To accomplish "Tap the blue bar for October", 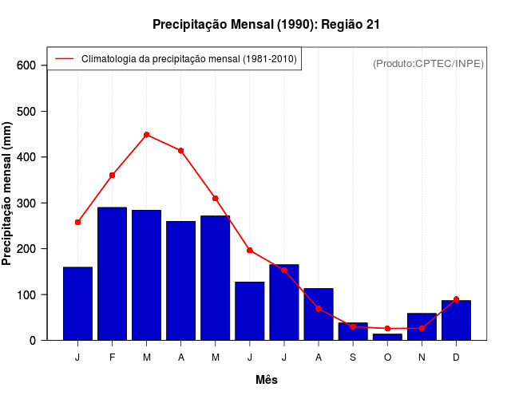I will pos(387,337).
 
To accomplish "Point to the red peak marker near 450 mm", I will pos(147,135).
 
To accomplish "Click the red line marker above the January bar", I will pos(77,222).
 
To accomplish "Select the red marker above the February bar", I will pos(113,175).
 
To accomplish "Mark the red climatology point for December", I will pos(456,299).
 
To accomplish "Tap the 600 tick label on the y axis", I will pos(27,65).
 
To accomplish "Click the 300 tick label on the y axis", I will pos(27,203).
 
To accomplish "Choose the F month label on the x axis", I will pos(113,358).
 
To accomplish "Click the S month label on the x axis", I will pos(353,358).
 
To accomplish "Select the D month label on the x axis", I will pos(456,358).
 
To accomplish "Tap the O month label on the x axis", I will pos(387,358).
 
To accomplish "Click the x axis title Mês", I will pos(267,380).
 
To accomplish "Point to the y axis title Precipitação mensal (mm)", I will pos(8,193).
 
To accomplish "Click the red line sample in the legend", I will pos(64,59).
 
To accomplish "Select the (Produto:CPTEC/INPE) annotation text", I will pos(428,63).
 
